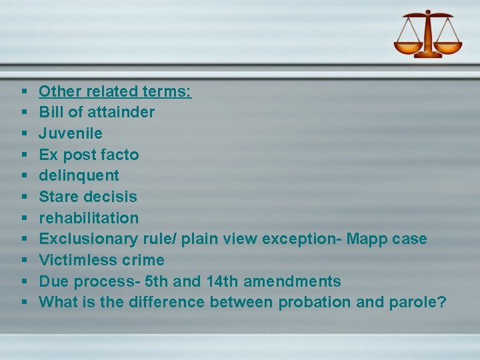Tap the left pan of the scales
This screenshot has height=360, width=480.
pyautogui.click(x=407, y=47)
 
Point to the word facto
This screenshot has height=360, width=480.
pyautogui.click(x=119, y=155)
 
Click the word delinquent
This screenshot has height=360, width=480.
pyautogui.click(x=79, y=175)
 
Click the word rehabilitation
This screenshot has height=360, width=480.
pyautogui.click(x=89, y=218)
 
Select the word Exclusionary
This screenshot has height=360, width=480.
pyautogui.click(x=88, y=239)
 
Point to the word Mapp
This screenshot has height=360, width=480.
pyautogui.click(x=371, y=239)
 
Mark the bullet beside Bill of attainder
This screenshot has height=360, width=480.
pyautogui.click(x=24, y=112)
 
